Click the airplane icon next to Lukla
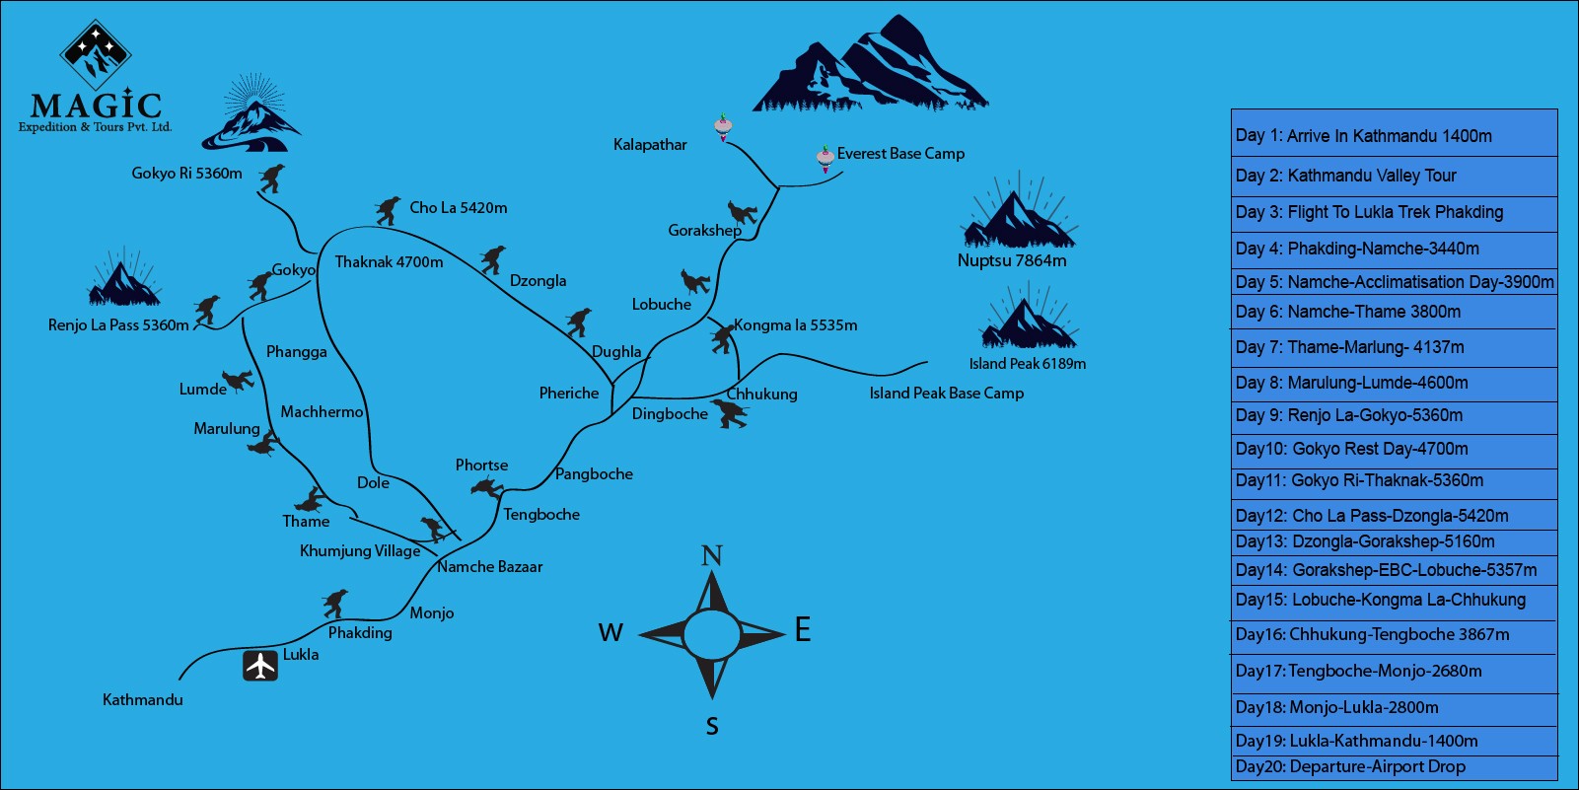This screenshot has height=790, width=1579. (260, 666)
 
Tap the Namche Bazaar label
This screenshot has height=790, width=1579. (490, 567)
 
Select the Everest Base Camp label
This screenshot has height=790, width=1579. (900, 154)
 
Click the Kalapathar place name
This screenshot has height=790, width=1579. (650, 145)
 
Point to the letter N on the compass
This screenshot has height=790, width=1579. (711, 556)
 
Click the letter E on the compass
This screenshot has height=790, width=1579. (803, 629)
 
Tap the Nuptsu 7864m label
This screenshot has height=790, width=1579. (1012, 261)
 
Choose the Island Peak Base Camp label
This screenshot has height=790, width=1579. (946, 394)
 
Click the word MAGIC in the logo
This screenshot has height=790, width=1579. (96, 105)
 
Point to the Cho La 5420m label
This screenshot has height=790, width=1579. (459, 208)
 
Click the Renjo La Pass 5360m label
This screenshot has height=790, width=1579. (118, 325)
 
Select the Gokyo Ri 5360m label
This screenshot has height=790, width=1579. (186, 174)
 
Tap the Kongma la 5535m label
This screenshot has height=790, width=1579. (795, 325)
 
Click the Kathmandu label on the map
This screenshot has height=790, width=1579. (143, 700)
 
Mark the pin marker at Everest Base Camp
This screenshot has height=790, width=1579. (825, 157)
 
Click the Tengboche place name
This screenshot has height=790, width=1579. (541, 515)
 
